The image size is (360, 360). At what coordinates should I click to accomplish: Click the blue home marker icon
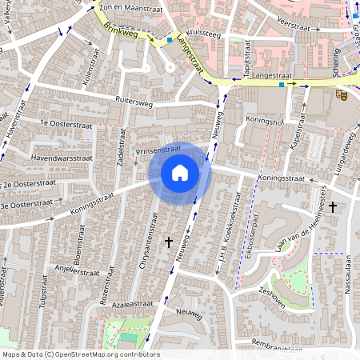coord(180,173)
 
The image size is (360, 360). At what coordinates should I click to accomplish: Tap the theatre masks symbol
coord(342,95)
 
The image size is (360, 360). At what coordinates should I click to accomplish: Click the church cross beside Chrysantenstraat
coord(169,241)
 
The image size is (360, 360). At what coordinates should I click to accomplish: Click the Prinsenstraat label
coord(159,150)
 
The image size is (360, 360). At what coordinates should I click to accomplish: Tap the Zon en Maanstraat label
coord(121,6)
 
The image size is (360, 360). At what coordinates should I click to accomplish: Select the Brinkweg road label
coord(121,29)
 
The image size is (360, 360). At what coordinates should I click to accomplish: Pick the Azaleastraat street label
coord(132,304)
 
